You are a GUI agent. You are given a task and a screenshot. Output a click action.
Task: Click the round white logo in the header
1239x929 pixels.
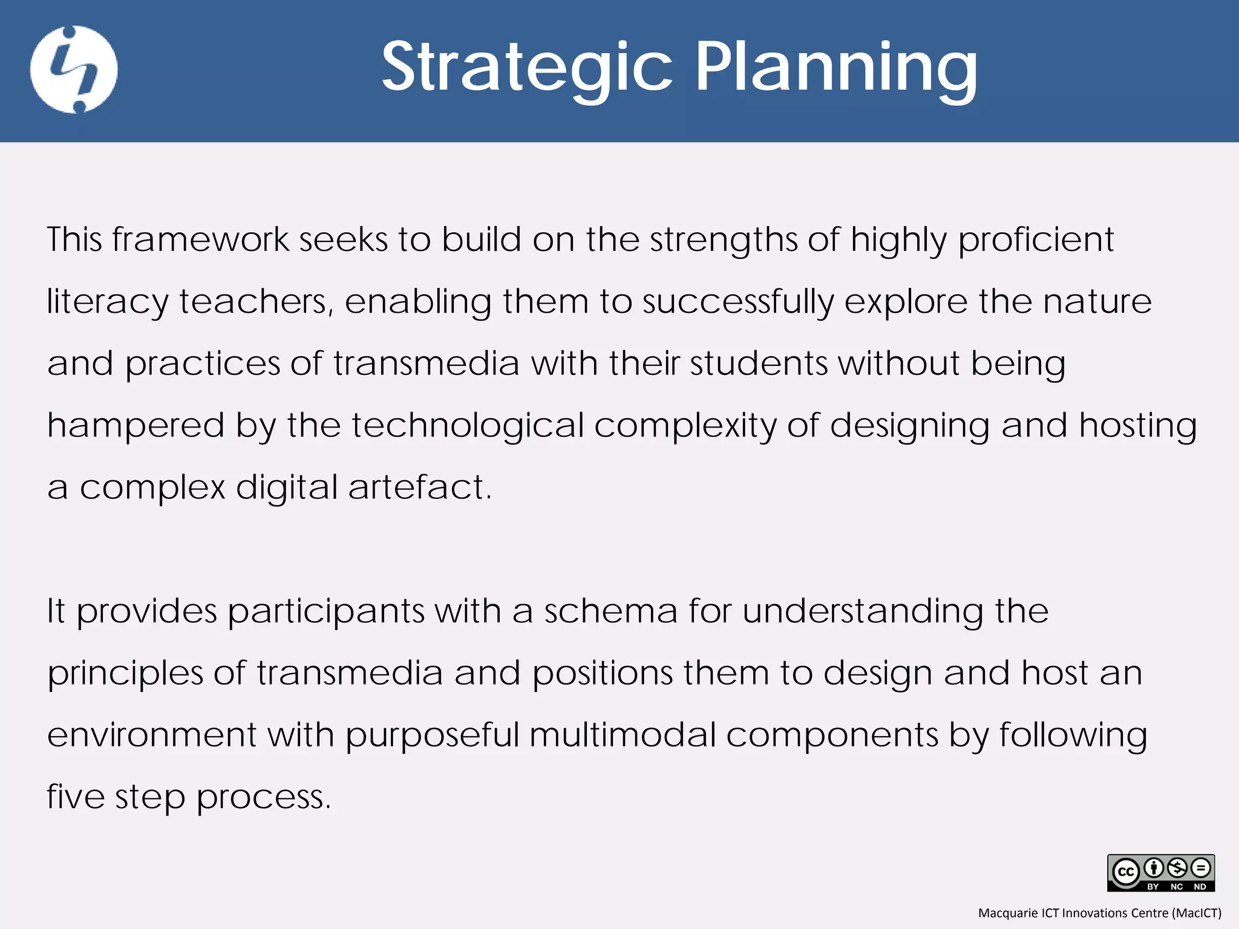click(74, 70)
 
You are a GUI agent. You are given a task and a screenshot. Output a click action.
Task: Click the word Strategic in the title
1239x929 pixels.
click(526, 68)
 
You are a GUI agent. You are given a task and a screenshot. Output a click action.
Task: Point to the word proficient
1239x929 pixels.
click(1036, 241)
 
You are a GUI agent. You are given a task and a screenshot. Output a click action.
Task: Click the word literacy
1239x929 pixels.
click(108, 302)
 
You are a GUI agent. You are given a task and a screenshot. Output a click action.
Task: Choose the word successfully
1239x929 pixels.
click(737, 302)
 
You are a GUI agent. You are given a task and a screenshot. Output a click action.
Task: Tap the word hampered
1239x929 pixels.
click(136, 426)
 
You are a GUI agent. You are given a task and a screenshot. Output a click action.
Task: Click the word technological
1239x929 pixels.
click(468, 426)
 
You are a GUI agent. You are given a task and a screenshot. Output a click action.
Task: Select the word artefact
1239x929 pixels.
click(420, 487)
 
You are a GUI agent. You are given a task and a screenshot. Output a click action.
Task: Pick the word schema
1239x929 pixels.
click(610, 611)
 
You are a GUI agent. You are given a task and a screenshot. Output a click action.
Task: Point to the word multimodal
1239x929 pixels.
click(623, 735)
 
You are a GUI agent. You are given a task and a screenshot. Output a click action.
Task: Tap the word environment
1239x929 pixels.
click(152, 735)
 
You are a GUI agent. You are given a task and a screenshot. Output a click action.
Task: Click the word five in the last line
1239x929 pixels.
click(76, 797)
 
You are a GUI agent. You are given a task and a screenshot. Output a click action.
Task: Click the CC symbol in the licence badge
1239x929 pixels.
click(1126, 872)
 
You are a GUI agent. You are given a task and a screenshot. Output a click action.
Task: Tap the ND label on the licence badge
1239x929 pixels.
click(1200, 887)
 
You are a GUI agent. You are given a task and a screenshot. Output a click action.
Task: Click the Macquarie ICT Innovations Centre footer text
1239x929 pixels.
click(1099, 913)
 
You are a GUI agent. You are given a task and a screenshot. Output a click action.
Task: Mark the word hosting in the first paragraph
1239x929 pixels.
click(1138, 426)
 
